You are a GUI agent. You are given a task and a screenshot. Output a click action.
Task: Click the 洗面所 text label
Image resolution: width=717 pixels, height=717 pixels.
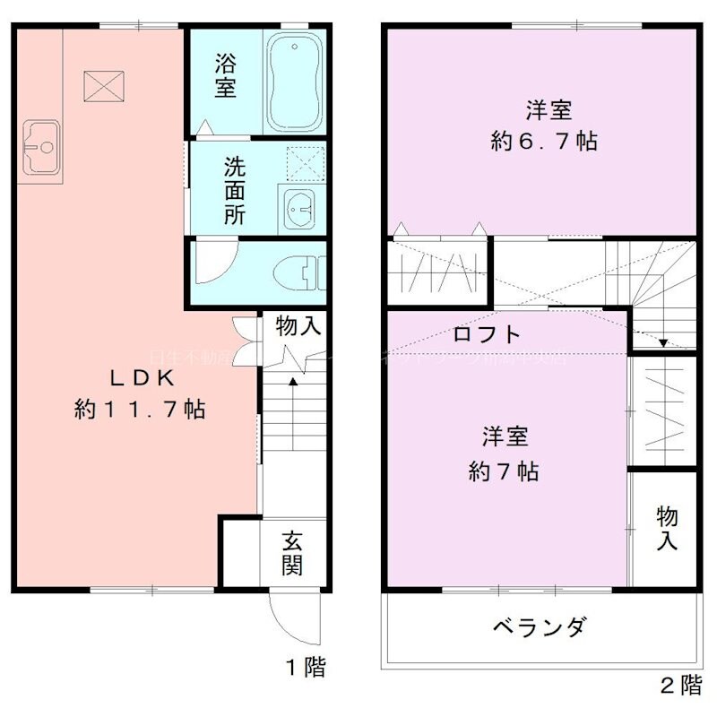point(234,190)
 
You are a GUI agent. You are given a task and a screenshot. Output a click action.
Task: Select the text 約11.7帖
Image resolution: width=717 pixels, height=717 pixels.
point(141,410)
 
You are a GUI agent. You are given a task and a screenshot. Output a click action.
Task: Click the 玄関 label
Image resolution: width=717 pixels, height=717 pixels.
point(292,553)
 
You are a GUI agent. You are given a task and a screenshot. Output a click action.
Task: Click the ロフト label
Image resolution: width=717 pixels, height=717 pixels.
point(487,334)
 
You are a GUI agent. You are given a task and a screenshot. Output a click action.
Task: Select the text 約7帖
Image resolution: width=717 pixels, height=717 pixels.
point(504,471)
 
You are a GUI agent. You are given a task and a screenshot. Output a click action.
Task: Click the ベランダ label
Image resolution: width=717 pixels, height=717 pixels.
point(540,626)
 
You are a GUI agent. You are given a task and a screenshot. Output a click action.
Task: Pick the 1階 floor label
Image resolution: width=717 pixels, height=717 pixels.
point(305,667)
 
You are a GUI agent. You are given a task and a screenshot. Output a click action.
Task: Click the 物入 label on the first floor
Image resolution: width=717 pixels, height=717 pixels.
point(298,326)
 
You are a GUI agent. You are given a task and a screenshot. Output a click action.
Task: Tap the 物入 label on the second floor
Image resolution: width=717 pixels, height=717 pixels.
point(666,529)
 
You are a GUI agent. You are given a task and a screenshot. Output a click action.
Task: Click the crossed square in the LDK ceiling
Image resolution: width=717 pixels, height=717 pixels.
point(101,85)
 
